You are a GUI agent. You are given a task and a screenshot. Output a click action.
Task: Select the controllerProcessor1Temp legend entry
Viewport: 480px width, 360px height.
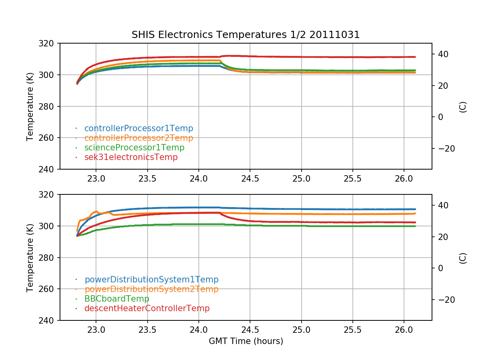point(138,128)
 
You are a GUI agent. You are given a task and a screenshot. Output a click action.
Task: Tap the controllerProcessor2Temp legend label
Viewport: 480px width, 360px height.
point(138,138)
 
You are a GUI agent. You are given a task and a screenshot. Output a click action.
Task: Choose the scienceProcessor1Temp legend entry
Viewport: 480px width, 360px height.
point(134,148)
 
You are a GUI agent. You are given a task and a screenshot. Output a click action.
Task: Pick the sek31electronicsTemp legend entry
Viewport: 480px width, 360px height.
point(131,157)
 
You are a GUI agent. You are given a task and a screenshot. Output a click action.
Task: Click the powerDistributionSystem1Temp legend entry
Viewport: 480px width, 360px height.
point(151,280)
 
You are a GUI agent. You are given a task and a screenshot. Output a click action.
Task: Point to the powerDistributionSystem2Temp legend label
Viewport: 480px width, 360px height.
point(151,289)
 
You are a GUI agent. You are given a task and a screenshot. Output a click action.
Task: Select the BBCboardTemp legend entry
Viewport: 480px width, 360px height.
point(116,299)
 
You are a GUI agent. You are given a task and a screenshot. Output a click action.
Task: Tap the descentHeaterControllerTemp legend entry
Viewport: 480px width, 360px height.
point(147,308)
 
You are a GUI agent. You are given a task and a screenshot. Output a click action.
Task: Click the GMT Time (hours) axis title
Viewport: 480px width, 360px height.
point(246,341)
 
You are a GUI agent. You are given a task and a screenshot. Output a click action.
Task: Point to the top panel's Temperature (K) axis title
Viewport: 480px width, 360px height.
point(30,106)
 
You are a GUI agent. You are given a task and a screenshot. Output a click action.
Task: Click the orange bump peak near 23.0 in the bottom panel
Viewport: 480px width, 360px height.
point(96,211)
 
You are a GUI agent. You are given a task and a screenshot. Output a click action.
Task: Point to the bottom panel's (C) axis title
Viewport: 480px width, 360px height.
point(463,258)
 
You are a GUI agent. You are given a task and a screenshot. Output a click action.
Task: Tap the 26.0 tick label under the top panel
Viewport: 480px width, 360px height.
point(404,178)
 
